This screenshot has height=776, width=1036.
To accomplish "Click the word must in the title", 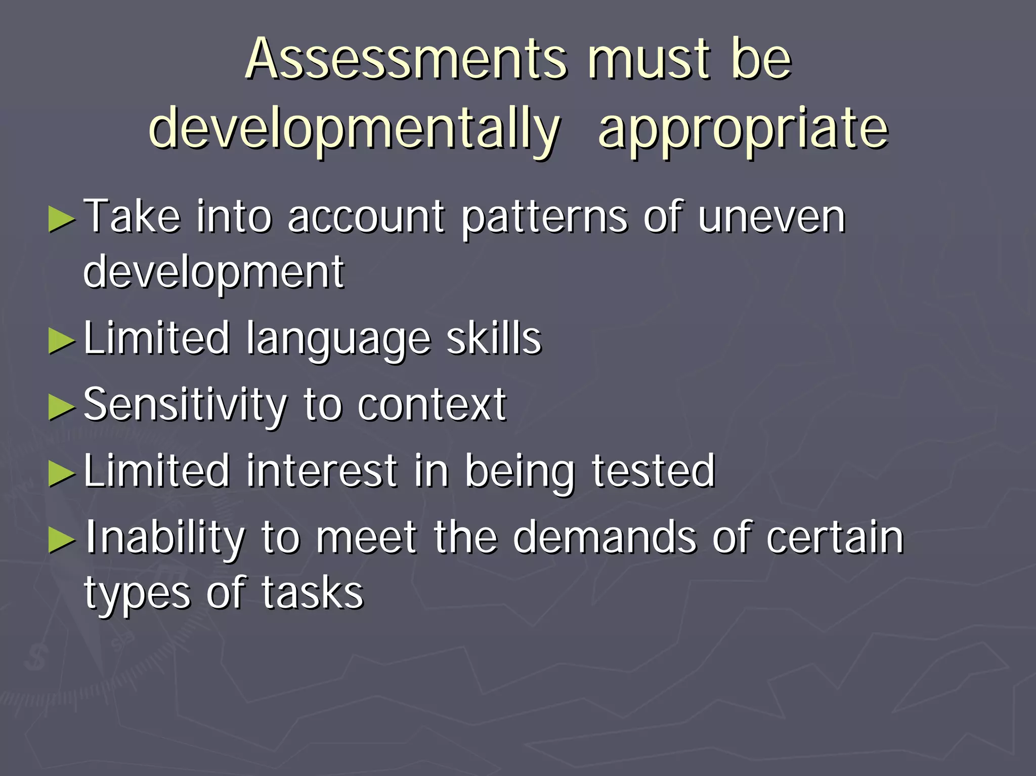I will click(650, 60).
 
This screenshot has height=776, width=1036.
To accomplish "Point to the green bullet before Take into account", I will click(62, 219).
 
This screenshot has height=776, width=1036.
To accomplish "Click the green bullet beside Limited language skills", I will click(62, 340).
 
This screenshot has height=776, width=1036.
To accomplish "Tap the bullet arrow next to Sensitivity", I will click(62, 407).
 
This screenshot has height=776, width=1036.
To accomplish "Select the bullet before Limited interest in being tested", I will click(62, 473).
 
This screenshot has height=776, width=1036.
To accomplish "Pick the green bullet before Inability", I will click(62, 540).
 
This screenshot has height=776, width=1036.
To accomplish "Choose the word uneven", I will click(771, 218).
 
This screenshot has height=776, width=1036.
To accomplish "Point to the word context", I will click(431, 405).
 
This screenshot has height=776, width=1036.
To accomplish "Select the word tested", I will click(653, 471).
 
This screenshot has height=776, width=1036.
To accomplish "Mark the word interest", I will click(322, 471).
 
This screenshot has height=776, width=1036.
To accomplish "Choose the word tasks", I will click(312, 593).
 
